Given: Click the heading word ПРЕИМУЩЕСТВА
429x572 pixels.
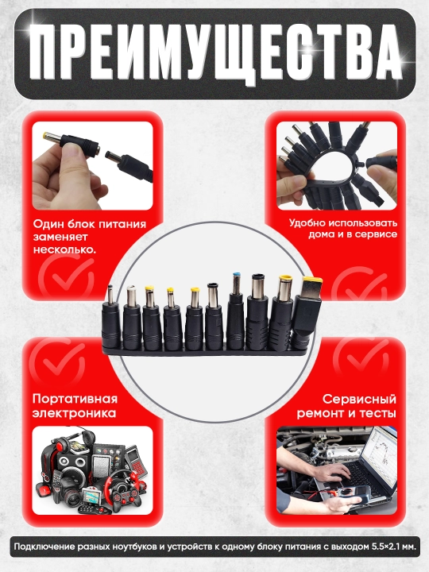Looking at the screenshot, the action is [x=215, y=53].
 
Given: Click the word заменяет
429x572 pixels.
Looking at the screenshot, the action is [x=60, y=237].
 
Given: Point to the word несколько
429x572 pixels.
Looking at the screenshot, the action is [x=64, y=250].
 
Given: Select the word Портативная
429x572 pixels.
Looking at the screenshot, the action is [x=75, y=399].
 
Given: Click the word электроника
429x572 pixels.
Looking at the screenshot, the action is [x=74, y=413].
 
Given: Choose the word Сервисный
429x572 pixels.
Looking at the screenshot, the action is [x=359, y=399].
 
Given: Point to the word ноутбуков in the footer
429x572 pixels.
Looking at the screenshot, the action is [x=128, y=547].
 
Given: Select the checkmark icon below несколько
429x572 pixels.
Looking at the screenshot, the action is [x=67, y=277].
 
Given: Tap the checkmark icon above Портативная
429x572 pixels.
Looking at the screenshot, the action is [x=57, y=360].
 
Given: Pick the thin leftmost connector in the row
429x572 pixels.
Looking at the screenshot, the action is [x=111, y=315].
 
